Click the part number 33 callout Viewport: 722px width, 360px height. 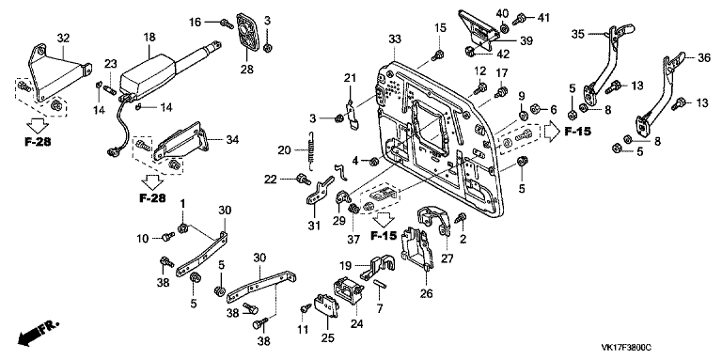tap(395, 40)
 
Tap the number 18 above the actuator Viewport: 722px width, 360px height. tap(150, 38)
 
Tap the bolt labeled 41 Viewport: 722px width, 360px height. tap(519, 19)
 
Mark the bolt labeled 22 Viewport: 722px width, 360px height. tap(304, 179)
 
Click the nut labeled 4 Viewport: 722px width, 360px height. tap(374, 161)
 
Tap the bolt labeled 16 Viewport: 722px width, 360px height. tap(226, 23)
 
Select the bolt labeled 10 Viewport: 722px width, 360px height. tap(168, 237)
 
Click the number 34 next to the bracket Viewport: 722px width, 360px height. tap(232, 139)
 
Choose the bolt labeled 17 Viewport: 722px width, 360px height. tap(502, 91)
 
